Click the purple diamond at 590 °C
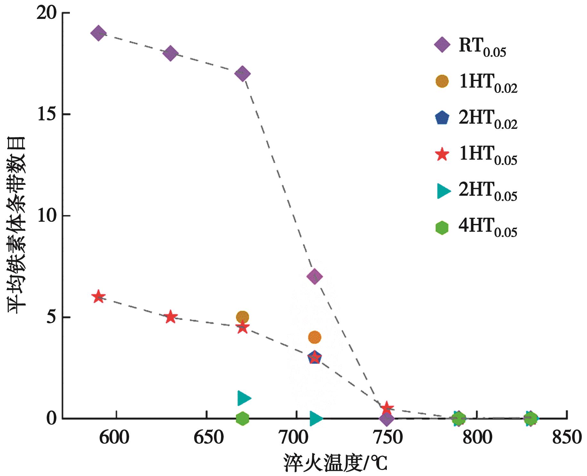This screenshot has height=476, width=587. coord(98,33)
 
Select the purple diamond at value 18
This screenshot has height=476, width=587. coord(170,53)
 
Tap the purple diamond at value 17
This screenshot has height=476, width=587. coord(243,73)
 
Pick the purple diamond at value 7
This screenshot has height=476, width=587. coord(315,276)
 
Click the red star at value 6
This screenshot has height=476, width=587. coord(98,297)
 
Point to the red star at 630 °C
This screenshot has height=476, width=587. coord(170,317)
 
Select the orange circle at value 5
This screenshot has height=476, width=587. coord(243,317)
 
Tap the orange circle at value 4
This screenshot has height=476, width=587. coord(315,337)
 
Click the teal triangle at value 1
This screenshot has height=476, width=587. coord(244,398)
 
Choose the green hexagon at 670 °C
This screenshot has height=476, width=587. coord(243,418)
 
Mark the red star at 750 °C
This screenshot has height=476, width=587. coord(387,407)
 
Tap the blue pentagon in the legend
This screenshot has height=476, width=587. coord(442,118)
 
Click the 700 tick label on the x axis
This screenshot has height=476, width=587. coord(294,438)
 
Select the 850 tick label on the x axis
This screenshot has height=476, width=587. coord(566,438)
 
